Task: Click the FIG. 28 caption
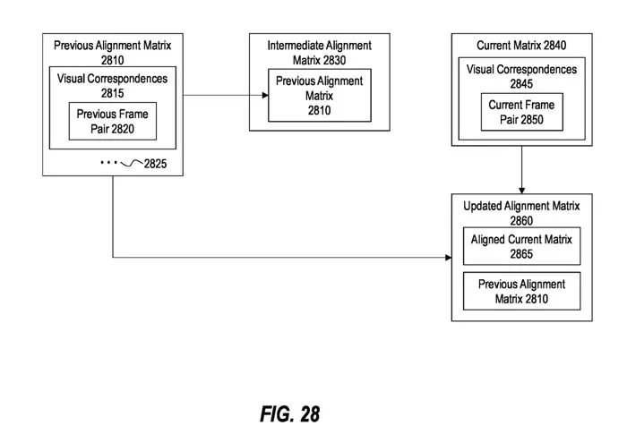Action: (288, 414)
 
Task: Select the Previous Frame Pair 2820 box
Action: (112, 122)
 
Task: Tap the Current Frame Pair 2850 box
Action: (521, 112)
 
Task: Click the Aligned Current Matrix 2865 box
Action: (521, 245)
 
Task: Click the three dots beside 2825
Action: (108, 163)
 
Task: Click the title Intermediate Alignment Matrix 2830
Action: (319, 52)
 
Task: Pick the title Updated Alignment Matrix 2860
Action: (521, 212)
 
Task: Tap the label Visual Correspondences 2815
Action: (112, 85)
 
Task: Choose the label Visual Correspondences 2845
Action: (521, 77)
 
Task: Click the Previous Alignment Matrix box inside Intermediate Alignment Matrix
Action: (319, 96)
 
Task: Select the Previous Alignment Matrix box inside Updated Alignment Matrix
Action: (521, 292)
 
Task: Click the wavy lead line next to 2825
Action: (131, 163)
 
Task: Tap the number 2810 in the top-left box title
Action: (112, 58)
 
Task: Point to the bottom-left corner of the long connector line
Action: (114, 259)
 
